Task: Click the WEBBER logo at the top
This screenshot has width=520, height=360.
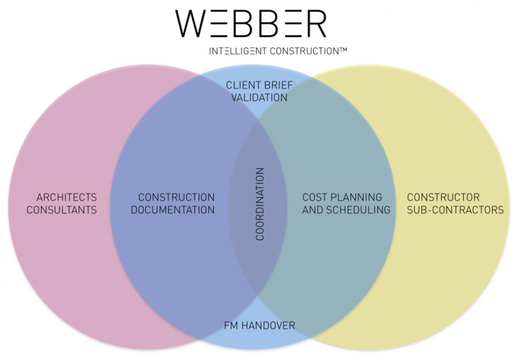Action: click(251, 24)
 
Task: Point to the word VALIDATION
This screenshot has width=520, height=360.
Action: click(259, 98)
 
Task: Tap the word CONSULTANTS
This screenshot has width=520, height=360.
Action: click(62, 210)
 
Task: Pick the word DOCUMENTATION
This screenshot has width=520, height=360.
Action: click(173, 210)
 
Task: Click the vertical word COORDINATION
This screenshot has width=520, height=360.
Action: click(260, 204)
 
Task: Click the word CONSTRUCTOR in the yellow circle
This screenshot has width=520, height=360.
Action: click(443, 198)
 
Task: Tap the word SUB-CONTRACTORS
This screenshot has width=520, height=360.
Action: click(455, 210)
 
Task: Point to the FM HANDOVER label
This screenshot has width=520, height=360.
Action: click(259, 325)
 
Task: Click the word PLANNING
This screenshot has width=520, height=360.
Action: click(356, 198)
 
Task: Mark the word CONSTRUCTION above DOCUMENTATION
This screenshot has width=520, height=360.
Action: click(176, 198)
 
